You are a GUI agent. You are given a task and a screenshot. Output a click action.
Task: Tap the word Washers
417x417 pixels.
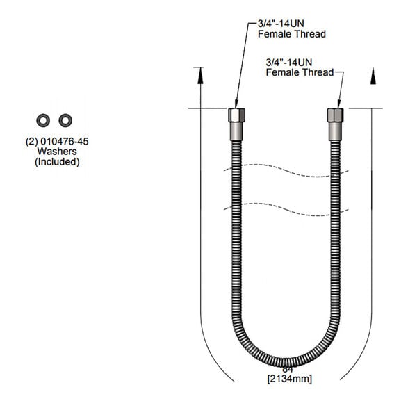pos(57,151)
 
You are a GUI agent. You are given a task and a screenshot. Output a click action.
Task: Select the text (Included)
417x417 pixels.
pos(57,162)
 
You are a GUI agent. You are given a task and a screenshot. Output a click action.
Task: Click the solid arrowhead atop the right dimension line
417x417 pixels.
pos(374,76)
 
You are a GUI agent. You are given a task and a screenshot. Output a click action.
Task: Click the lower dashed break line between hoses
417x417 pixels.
pos(286,206)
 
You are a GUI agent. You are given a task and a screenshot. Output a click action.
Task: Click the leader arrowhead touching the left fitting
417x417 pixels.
pos(236,104)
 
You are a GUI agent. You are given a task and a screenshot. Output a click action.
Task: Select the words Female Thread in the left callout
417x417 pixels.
pos(292,33)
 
